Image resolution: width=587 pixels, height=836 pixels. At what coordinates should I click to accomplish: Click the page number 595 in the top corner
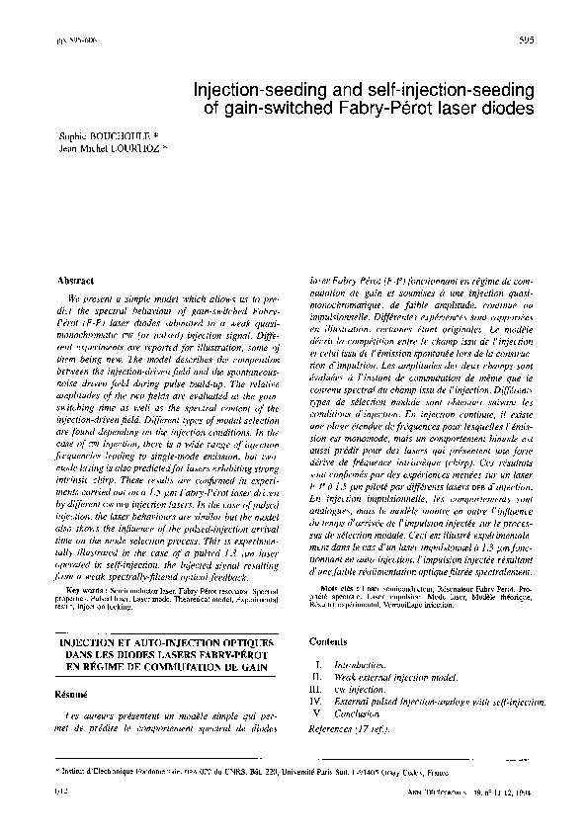526,41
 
